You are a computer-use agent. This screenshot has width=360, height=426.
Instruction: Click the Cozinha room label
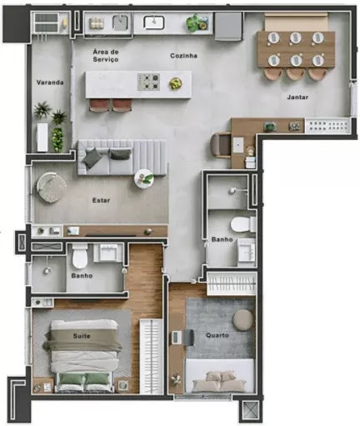pyautogui.click(x=183, y=56)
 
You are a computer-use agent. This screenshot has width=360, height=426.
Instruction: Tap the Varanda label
pyautogui.click(x=50, y=83)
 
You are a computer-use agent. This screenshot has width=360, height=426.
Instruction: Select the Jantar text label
pyautogui.click(x=297, y=97)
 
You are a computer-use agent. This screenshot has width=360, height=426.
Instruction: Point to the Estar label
pyautogui.click(x=101, y=200)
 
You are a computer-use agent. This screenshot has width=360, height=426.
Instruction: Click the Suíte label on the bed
pyautogui.click(x=82, y=336)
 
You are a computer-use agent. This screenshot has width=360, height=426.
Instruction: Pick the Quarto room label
pyautogui.click(x=217, y=335)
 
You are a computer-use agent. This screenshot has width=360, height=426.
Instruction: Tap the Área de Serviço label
pyautogui.click(x=106, y=55)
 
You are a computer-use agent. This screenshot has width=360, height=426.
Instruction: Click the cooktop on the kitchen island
pyautogui.click(x=148, y=82)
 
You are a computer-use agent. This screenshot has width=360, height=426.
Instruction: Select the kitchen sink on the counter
pyautogui.click(x=153, y=23)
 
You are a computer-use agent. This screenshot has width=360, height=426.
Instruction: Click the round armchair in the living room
pyautogui.click(x=52, y=187)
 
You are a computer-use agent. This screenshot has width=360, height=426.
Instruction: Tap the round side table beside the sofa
pyautogui.click(x=144, y=178)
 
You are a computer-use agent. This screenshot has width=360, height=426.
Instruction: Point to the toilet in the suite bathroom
pyautogui.click(x=80, y=256)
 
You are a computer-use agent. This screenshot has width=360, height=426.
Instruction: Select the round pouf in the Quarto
pyautogui.click(x=242, y=320)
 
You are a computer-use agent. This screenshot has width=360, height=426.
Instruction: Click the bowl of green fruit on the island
pyautogui.click(x=176, y=83)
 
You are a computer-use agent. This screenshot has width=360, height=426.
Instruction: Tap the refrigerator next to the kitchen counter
pyautogui.click(x=228, y=26)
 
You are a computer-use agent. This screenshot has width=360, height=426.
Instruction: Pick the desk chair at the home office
pyautogui.click(x=220, y=145)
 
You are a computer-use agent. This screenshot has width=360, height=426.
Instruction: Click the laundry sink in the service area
pyautogui.click(x=121, y=23)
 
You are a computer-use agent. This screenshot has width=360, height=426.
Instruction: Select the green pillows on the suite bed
pyautogui.click(x=85, y=378)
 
